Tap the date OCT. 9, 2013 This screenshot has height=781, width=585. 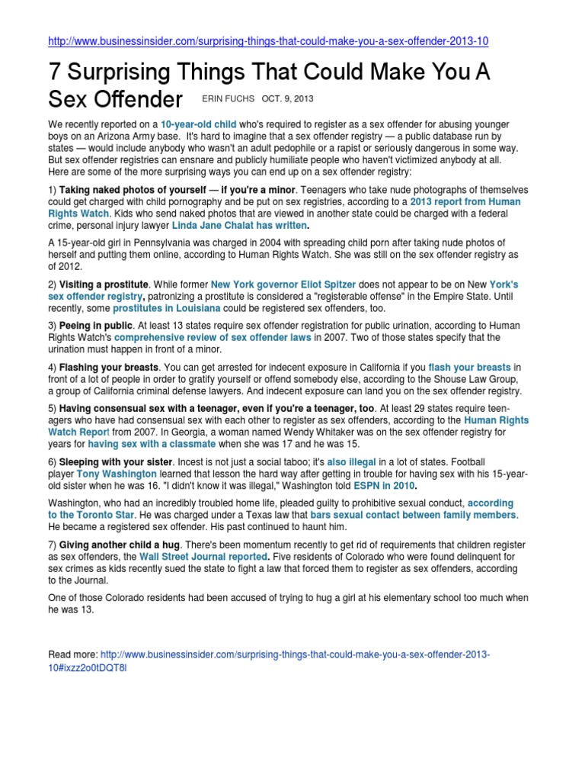287,99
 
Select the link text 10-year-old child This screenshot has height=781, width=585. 198,123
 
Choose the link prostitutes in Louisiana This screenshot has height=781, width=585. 167,308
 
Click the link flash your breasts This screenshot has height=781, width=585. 470,367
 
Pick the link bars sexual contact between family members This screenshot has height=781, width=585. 414,515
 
